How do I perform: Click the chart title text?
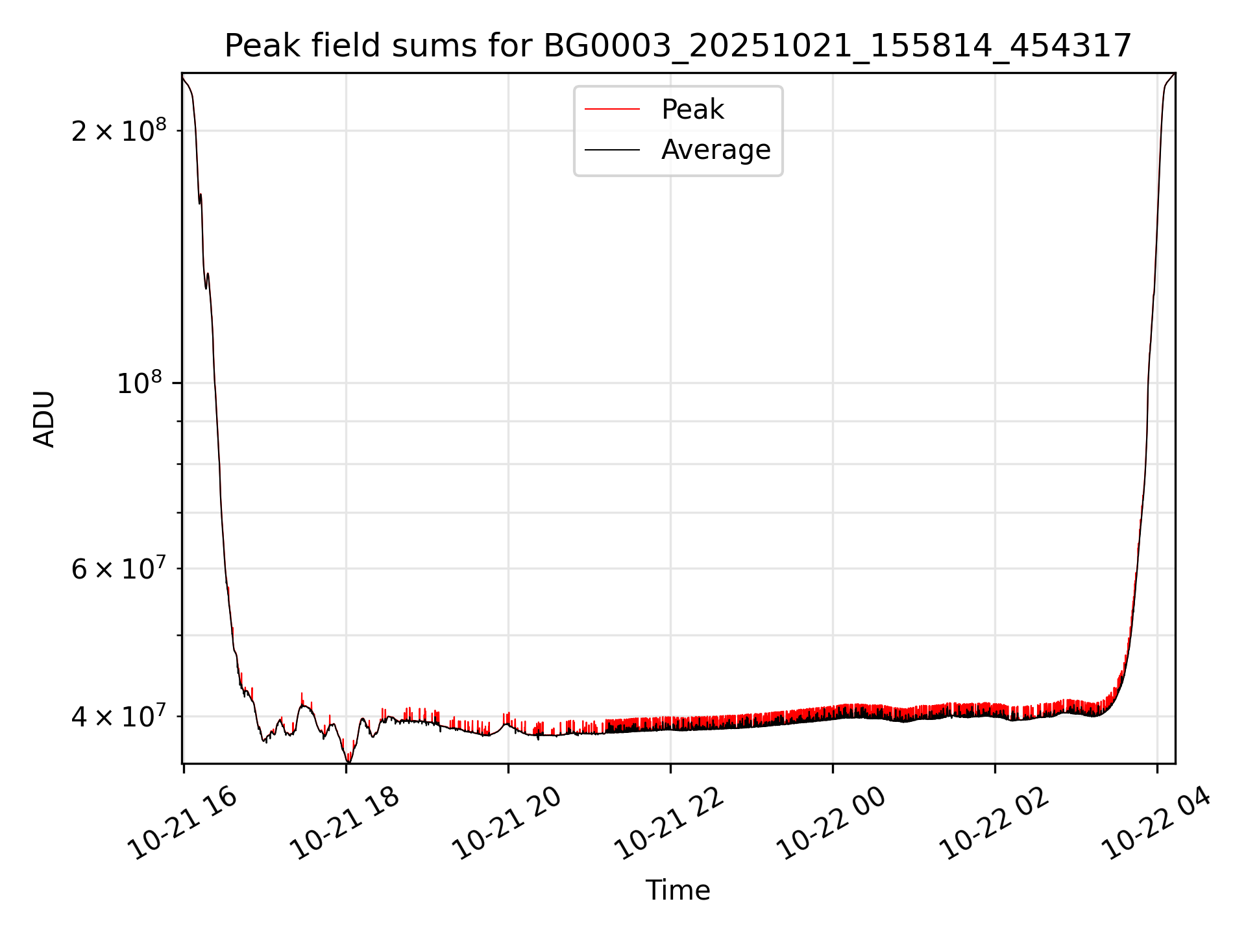678,46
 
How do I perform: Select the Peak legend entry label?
692,110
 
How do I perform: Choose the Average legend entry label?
715,150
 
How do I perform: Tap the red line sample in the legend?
612,110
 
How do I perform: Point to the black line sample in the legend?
612,150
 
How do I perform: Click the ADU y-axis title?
44,418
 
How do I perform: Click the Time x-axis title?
678,890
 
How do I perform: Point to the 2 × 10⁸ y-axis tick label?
118,131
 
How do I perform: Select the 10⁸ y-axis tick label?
141,383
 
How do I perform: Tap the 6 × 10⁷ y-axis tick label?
118,569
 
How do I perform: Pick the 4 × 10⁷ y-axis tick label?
118,716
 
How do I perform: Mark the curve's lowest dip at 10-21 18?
348,760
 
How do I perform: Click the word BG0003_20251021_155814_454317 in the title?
837,46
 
